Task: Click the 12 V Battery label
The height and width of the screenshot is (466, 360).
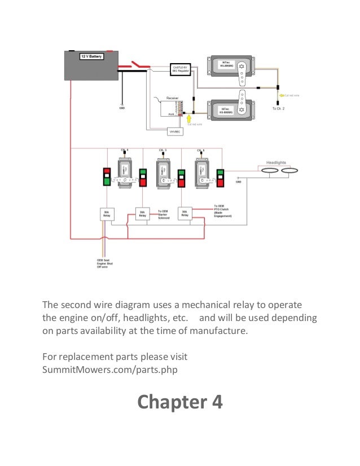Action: pos(90,57)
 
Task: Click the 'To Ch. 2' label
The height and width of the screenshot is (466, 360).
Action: pos(279,108)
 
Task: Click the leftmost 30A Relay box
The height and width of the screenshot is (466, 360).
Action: pos(107,214)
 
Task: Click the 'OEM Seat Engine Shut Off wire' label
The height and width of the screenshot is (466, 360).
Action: pos(103,263)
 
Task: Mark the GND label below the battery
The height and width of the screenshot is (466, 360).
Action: pos(121,108)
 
